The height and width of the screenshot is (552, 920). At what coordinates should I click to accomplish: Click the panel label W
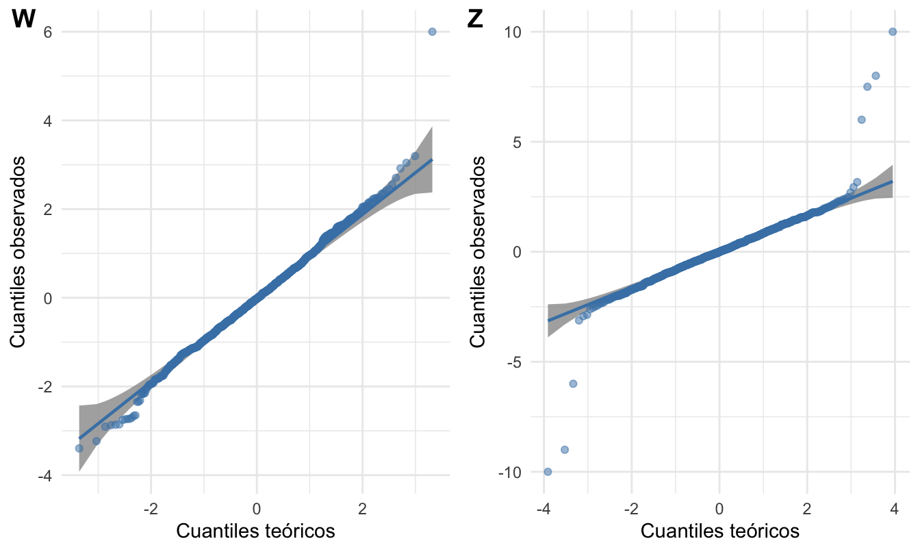pyautogui.click(x=23, y=20)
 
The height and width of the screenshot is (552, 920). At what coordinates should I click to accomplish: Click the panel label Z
pyautogui.click(x=475, y=20)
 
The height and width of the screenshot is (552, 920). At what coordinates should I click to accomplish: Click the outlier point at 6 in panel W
pyautogui.click(x=432, y=32)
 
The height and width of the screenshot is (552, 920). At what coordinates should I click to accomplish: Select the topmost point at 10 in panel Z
pyautogui.click(x=893, y=32)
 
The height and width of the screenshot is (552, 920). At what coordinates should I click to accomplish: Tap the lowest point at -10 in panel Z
pyautogui.click(x=548, y=471)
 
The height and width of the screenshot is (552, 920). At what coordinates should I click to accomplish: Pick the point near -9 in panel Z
pyautogui.click(x=565, y=449)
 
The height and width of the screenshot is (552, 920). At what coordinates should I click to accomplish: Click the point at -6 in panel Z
pyautogui.click(x=573, y=384)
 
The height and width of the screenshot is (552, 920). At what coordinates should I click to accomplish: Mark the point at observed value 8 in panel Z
pyautogui.click(x=875, y=75)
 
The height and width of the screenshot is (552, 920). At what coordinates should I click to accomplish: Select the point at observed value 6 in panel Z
pyautogui.click(x=861, y=119)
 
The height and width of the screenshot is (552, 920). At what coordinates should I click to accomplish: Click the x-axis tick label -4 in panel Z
pyautogui.click(x=542, y=509)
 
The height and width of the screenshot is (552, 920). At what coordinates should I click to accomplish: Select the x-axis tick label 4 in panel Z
pyautogui.click(x=895, y=509)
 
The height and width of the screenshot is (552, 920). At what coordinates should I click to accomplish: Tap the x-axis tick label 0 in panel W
pyautogui.click(x=256, y=509)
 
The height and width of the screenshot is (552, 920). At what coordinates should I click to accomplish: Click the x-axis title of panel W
pyautogui.click(x=256, y=531)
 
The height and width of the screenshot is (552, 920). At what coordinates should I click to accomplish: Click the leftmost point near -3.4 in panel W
pyautogui.click(x=79, y=448)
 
